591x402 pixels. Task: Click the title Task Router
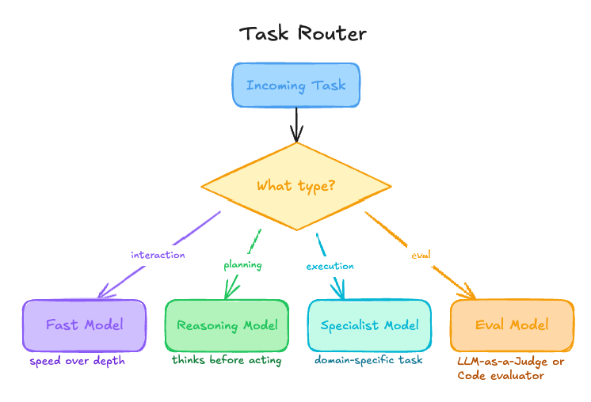click(x=303, y=33)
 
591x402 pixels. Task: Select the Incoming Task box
click(x=295, y=85)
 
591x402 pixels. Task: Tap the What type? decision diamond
click(x=295, y=187)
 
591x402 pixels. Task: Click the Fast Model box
click(x=84, y=325)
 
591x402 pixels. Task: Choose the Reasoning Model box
click(x=227, y=325)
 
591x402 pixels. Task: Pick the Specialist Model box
click(x=369, y=325)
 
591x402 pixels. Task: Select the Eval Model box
click(x=512, y=325)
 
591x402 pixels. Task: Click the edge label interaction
click(x=158, y=255)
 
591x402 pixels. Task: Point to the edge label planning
click(x=242, y=264)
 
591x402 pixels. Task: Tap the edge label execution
click(x=330, y=266)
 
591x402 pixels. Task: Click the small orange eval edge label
click(x=421, y=255)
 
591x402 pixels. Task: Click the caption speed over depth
click(x=78, y=361)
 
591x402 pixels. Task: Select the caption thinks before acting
click(x=227, y=360)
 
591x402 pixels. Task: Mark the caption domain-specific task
click(x=368, y=360)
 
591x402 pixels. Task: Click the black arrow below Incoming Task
click(x=296, y=124)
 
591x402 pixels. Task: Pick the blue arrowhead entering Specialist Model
click(x=341, y=294)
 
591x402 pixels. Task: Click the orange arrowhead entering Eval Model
click(x=469, y=294)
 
